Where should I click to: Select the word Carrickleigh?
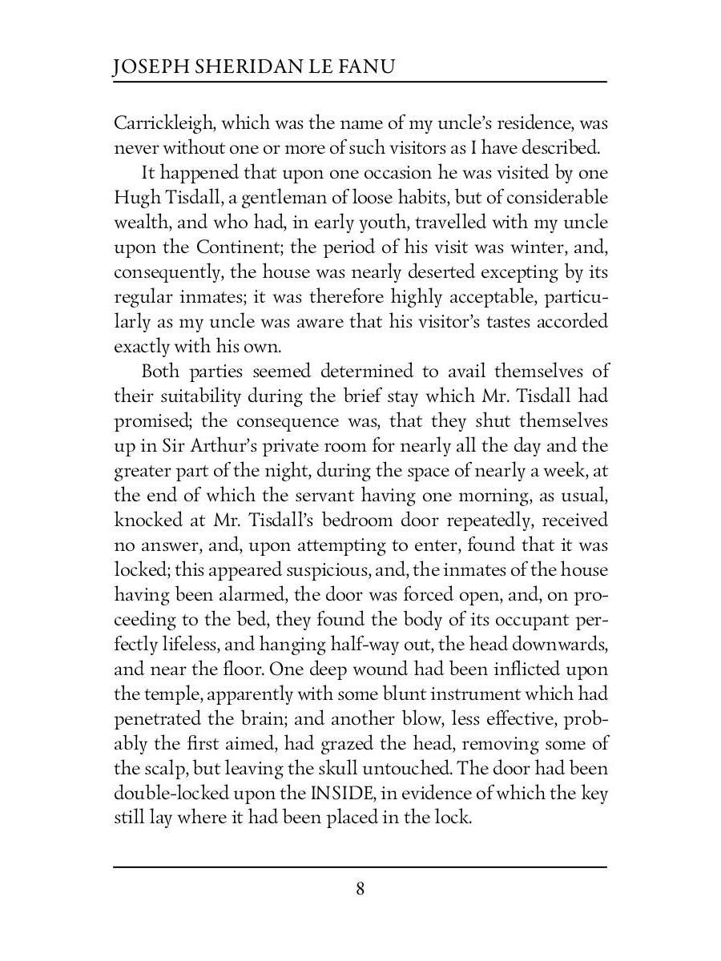click(x=163, y=123)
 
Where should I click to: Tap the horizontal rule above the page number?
click(x=360, y=867)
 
